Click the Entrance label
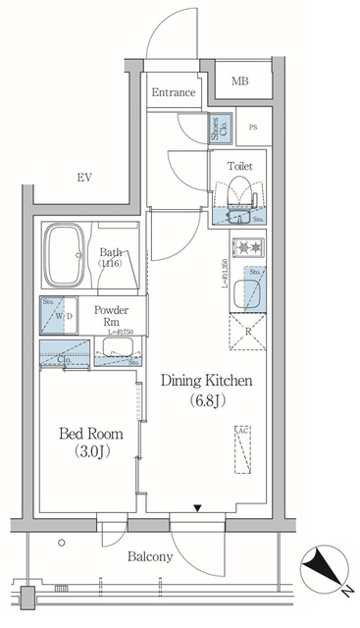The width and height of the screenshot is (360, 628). [x=177, y=93]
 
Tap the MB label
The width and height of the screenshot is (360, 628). [x=239, y=80]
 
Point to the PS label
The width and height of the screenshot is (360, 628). [x=252, y=128]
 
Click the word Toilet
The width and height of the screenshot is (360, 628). [x=239, y=167]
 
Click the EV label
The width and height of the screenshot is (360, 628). [x=84, y=178]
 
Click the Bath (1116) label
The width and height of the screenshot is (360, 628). [x=111, y=258]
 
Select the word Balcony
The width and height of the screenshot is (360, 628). [x=150, y=556]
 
